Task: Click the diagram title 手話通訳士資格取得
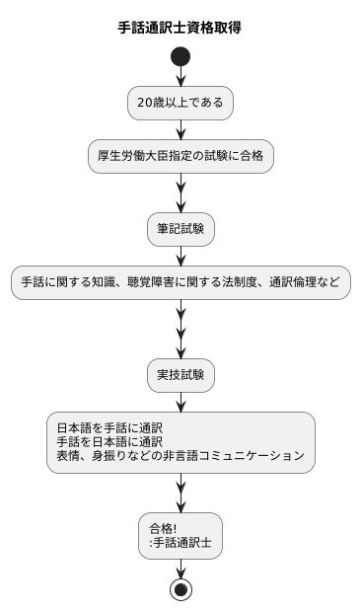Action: click(180, 28)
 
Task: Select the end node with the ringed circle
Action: click(180, 589)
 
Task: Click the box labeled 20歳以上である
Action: click(180, 103)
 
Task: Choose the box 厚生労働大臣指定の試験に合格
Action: click(180, 156)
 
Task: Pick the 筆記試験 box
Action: click(180, 229)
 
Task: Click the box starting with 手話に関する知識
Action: click(180, 282)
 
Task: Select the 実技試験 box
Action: click(180, 375)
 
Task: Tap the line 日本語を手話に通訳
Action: click(108, 428)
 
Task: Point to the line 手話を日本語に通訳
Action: click(108, 442)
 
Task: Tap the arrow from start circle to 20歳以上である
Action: click(180, 77)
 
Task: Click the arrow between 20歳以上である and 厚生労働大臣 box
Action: click(180, 129)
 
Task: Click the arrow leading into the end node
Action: click(180, 570)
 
